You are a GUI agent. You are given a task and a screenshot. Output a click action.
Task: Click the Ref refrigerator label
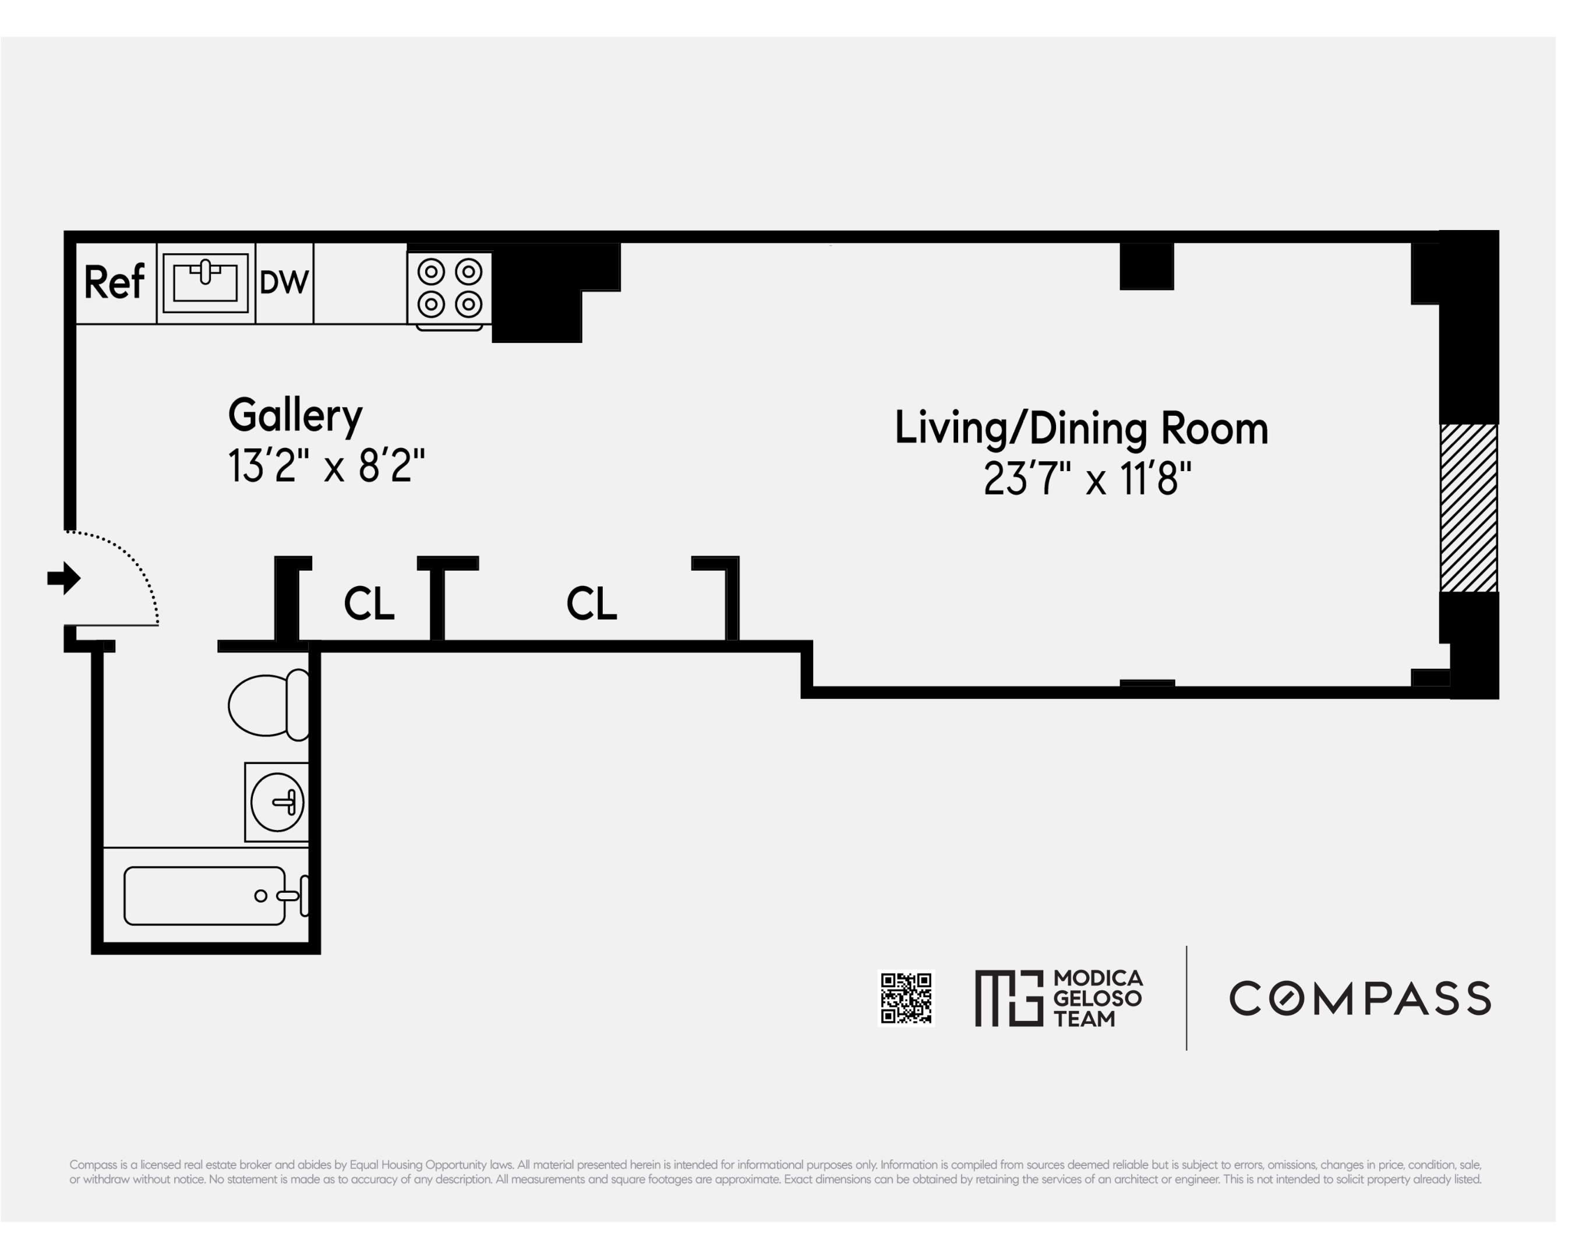pyautogui.click(x=114, y=283)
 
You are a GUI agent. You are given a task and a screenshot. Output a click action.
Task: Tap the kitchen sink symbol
pyautogui.click(x=206, y=283)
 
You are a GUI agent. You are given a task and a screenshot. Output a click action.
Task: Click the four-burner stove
pyautogui.click(x=449, y=289)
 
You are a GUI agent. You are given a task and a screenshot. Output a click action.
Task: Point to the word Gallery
pyautogui.click(x=295, y=416)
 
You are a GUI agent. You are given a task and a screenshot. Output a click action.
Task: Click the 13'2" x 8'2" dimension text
pyautogui.click(x=326, y=467)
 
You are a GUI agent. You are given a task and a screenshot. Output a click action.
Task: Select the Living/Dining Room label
pyautogui.click(x=1080, y=429)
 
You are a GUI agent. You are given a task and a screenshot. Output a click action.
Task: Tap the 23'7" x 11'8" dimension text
pyautogui.click(x=1087, y=479)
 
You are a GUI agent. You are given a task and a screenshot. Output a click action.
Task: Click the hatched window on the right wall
pyautogui.click(x=1468, y=508)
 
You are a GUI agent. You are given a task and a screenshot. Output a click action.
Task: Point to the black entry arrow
pyautogui.click(x=64, y=578)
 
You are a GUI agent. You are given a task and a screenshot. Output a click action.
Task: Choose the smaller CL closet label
pyautogui.click(x=369, y=604)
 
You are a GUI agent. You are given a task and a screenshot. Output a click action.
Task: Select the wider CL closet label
pyautogui.click(x=591, y=604)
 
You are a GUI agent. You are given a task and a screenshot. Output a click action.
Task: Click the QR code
pyautogui.click(x=907, y=998)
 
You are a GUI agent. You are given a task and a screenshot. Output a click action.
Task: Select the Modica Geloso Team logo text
pyautogui.click(x=1097, y=998)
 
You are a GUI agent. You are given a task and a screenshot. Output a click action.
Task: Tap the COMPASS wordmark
pyautogui.click(x=1359, y=998)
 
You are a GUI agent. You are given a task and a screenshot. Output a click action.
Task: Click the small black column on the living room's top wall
pyautogui.click(x=1146, y=266)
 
